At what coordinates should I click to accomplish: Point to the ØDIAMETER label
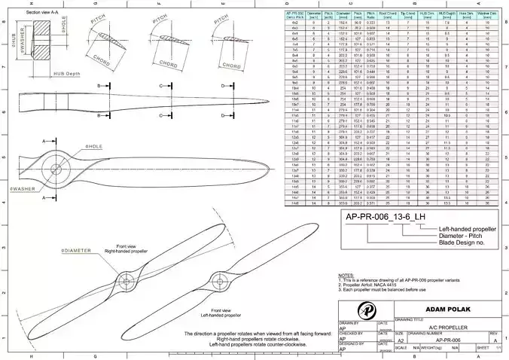click(x=76, y=249)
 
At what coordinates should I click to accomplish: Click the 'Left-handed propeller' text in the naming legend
click(x=467, y=227)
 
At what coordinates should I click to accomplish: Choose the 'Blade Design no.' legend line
click(x=462, y=243)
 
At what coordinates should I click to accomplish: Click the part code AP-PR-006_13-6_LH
click(x=380, y=216)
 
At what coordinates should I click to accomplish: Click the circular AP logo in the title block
click(x=367, y=310)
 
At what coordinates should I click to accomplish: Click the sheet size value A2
click(x=401, y=339)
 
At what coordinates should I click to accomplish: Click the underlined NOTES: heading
click(x=346, y=276)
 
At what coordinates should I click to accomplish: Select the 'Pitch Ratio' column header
click(x=370, y=14)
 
